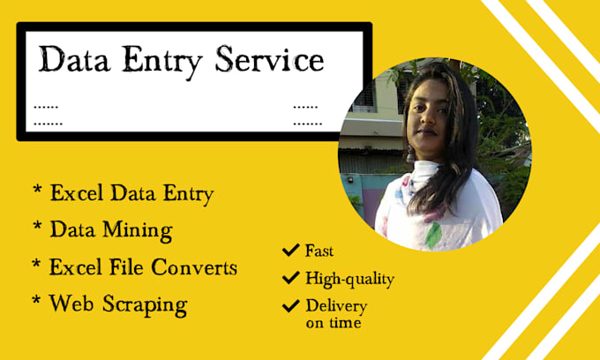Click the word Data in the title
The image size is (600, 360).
pos(75,62)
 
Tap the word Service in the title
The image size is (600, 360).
pos(270,62)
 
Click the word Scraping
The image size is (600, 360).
pos(143,305)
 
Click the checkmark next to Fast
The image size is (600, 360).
pos(289,251)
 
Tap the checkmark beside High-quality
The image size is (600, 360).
pos(289,279)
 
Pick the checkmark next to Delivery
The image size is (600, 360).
pos(289,307)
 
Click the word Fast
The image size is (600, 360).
pos(320,251)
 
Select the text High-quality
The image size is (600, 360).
pos(350,280)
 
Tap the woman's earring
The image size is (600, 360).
pos(411,155)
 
